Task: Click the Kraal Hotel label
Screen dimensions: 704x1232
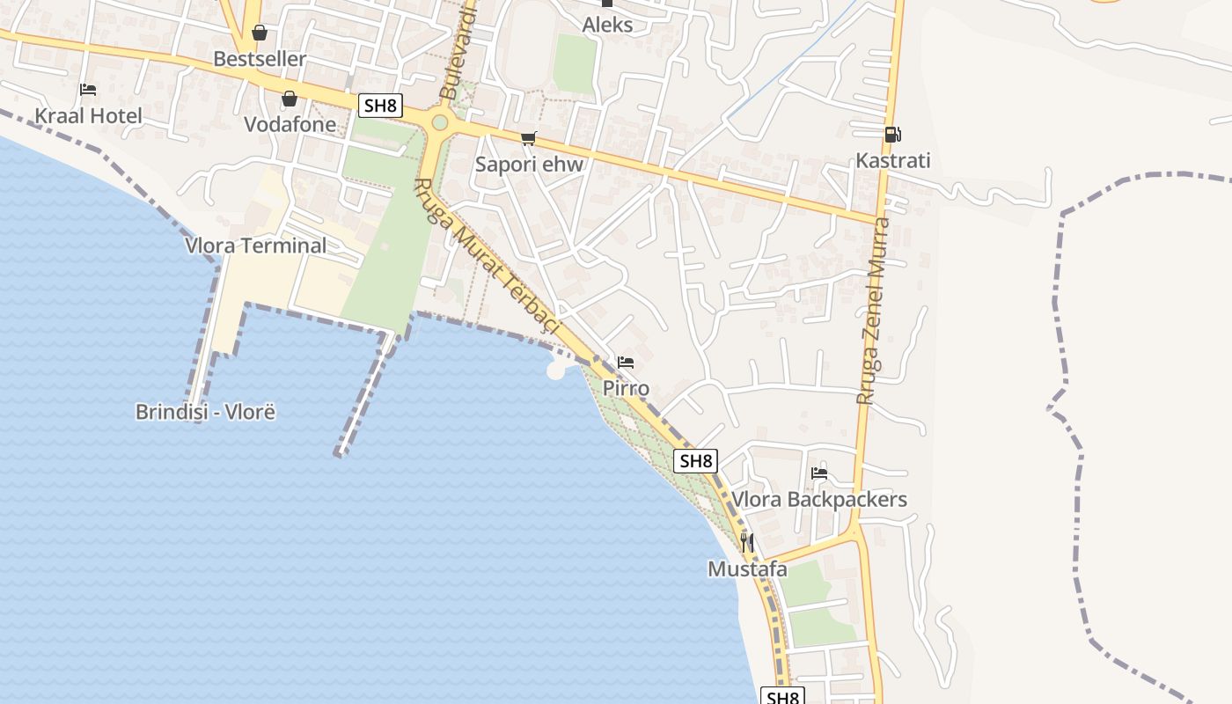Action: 88,115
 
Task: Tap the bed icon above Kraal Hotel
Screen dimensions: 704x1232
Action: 87,90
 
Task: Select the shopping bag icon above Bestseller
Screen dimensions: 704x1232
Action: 260,33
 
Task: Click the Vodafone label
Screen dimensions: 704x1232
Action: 290,124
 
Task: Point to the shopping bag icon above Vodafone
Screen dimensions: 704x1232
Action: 290,99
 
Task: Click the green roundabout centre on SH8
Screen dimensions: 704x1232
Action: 440,122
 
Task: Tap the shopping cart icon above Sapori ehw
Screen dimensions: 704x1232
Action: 529,138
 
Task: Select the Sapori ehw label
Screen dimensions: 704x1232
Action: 529,164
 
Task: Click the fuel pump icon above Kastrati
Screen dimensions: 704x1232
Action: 892,135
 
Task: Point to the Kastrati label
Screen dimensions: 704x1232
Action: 892,161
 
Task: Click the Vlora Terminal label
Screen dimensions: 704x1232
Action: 255,246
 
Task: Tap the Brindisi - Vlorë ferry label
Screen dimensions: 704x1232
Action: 205,412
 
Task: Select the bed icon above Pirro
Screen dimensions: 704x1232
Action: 626,363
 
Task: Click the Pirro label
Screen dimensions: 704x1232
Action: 626,388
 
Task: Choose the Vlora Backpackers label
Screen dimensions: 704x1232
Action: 819,500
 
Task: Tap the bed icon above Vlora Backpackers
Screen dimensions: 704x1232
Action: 819,473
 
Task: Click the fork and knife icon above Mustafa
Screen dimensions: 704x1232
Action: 747,543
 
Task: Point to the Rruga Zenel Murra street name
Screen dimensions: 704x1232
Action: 874,311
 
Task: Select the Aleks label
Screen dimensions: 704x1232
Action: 607,25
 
